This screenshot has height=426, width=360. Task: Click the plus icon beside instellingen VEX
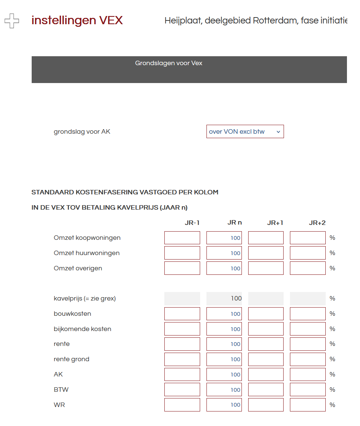[x=12, y=21]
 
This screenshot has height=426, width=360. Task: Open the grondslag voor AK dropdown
[x=245, y=131]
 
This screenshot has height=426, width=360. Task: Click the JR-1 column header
[x=192, y=223]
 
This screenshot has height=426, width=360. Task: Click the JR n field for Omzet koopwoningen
[x=224, y=238]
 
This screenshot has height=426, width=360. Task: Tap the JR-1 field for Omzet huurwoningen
[x=182, y=253]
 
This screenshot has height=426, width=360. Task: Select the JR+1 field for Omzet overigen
[x=266, y=268]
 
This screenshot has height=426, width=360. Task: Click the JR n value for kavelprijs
[x=224, y=298]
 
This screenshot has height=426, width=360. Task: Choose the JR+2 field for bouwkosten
[x=307, y=314]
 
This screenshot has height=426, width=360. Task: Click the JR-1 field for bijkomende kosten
[x=182, y=329]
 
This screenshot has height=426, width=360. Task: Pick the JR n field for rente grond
[x=224, y=359]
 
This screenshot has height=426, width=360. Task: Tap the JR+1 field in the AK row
[x=266, y=374]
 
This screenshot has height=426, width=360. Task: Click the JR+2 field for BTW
[x=307, y=390]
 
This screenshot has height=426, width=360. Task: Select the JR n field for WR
[x=224, y=405]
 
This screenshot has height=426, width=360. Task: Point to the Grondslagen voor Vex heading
[x=168, y=63]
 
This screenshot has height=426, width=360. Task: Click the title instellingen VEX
[x=77, y=20]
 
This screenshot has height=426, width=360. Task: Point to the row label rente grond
[x=71, y=359]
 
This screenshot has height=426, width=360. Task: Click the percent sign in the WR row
[x=332, y=405]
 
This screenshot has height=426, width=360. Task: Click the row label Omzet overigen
[x=78, y=268]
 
